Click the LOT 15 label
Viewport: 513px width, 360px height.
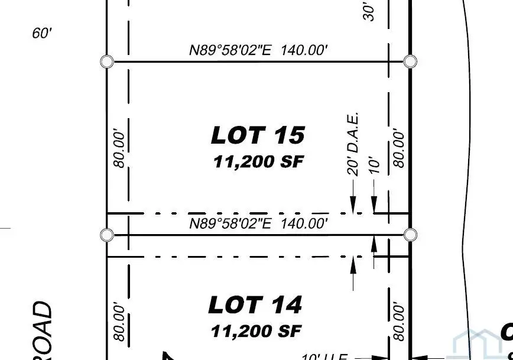(x=258, y=135)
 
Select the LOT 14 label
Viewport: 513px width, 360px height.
(x=255, y=305)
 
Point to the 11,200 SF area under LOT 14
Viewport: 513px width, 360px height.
(x=256, y=330)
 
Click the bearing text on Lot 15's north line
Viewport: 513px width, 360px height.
(x=258, y=50)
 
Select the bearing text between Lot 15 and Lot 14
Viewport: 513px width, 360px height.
(x=258, y=223)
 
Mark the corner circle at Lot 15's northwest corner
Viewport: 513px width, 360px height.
(x=106, y=61)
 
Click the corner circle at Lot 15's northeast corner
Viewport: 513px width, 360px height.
(x=410, y=61)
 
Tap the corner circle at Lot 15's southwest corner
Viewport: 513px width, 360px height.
(x=106, y=235)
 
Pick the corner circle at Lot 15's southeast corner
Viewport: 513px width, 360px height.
(x=410, y=235)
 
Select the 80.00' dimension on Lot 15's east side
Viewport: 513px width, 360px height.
(x=400, y=148)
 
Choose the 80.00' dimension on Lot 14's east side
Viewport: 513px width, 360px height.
(x=400, y=320)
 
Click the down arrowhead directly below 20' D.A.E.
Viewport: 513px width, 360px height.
(x=353, y=206)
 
